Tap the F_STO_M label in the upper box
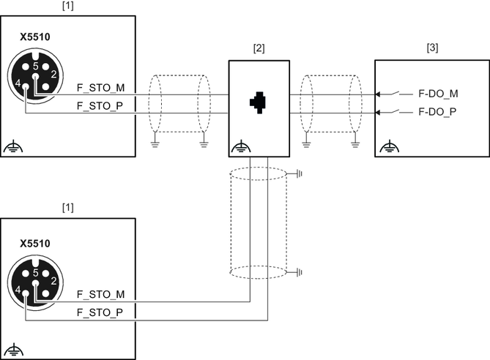pos(101,88)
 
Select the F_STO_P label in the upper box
pos(101,107)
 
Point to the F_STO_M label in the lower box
pos(101,294)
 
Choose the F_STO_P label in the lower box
pos(101,312)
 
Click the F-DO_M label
pos(438,94)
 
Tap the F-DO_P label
pos(438,113)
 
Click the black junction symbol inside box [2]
pos(258,103)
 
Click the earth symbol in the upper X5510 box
pos(12,147)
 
